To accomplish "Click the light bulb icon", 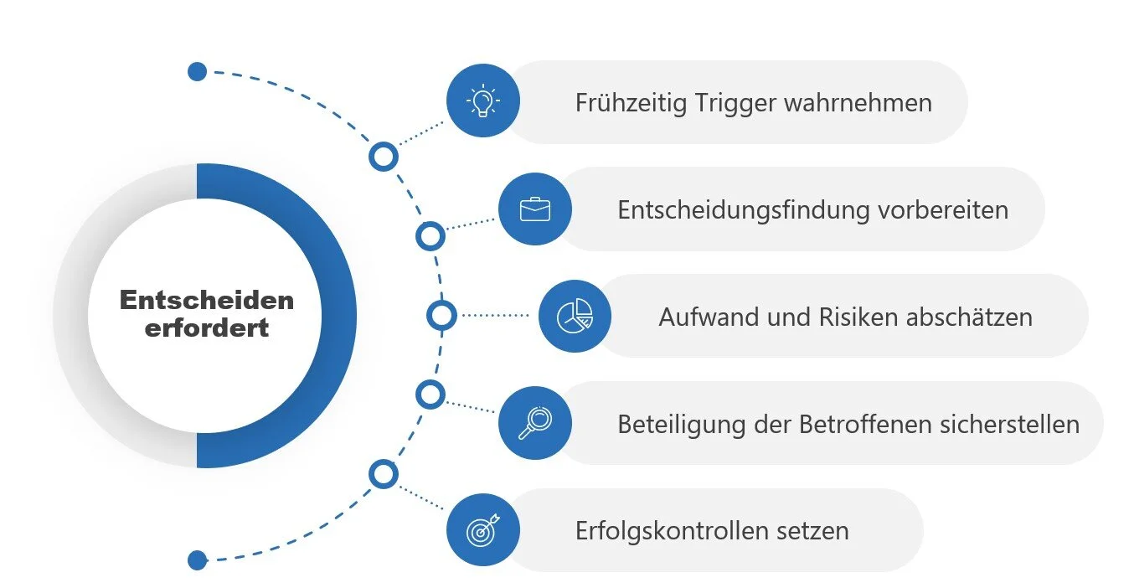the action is [482, 101].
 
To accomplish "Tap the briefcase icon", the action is [534, 209].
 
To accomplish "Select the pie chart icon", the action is [575, 316].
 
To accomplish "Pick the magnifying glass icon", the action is [534, 422].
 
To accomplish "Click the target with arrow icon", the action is [482, 529].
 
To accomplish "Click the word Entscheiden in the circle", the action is [206, 300].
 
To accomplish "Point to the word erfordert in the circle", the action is [206, 328].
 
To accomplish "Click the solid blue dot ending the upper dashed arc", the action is [197, 71].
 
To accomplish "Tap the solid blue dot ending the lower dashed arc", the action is [197, 560].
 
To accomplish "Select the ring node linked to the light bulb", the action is [384, 156].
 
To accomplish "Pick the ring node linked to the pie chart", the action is [441, 316].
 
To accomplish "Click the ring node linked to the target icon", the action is [384, 475].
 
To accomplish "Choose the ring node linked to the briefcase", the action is [430, 236].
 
